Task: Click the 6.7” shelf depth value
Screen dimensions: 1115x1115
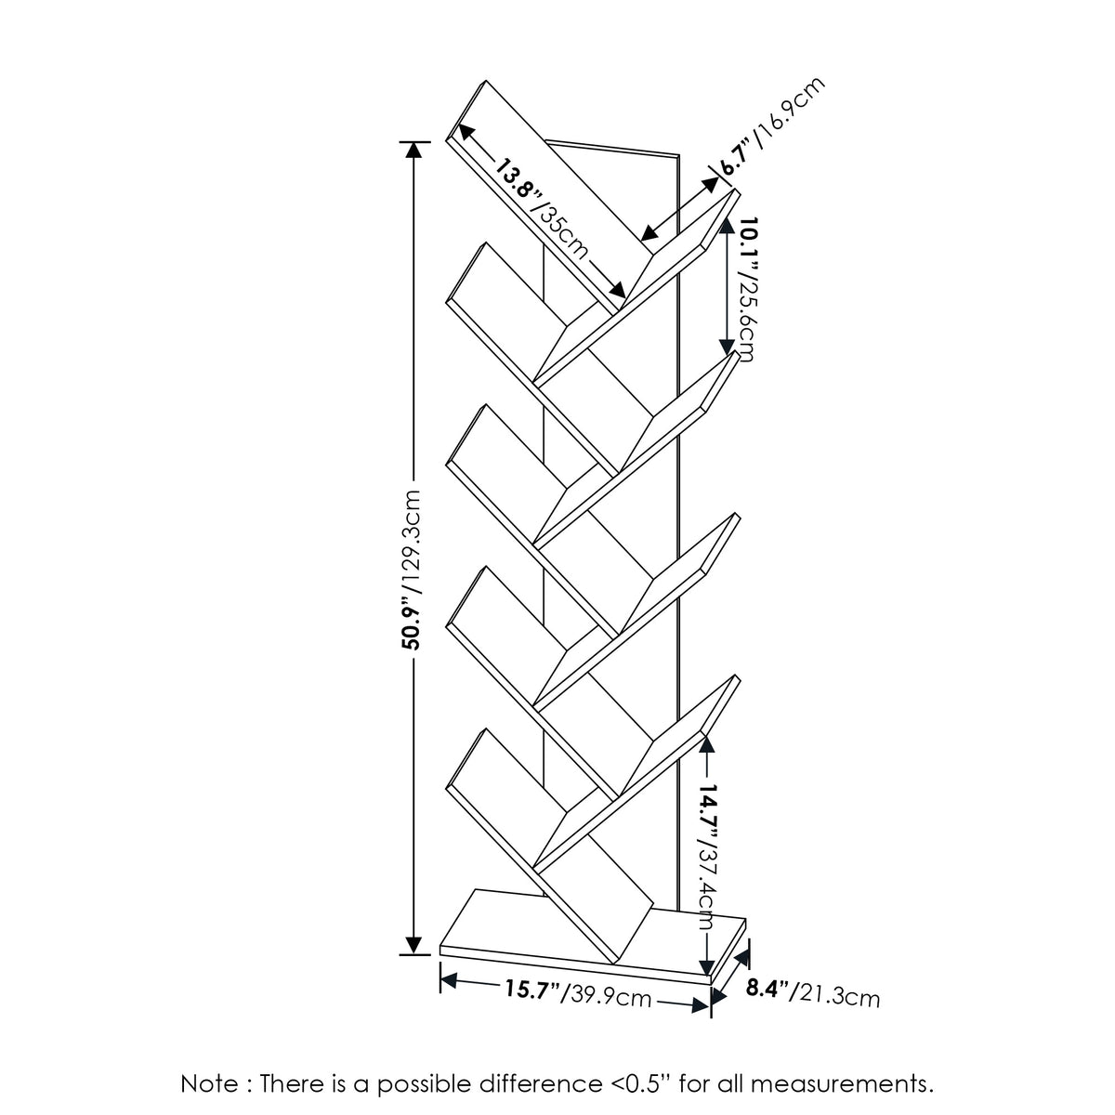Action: point(735,158)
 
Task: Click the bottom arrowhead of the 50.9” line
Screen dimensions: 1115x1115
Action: point(413,945)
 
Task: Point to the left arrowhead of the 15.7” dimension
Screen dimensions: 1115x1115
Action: point(450,979)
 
